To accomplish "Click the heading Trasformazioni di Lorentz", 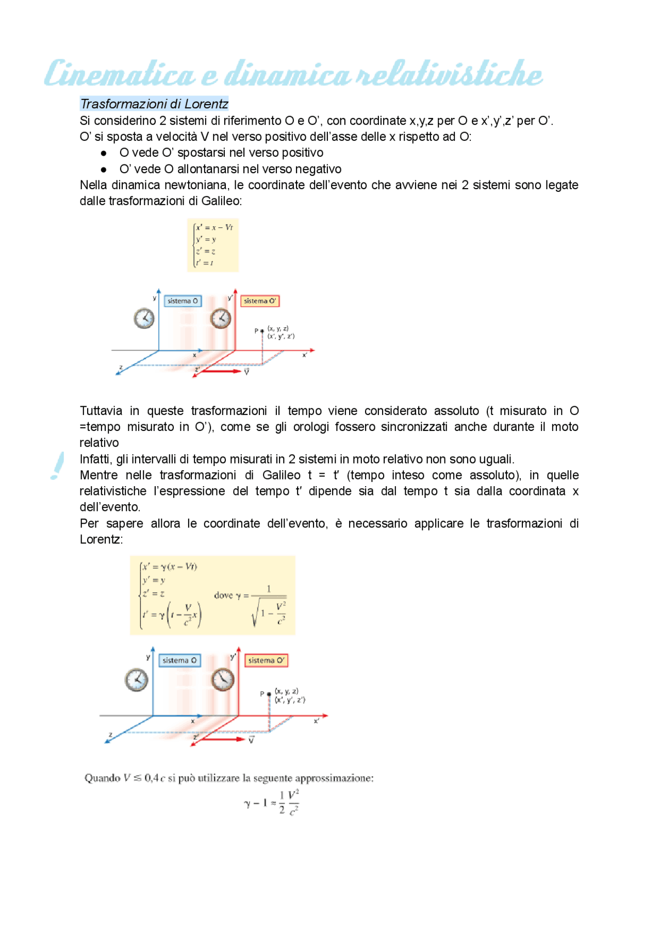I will click(154, 104).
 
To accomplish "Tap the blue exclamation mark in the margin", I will click(58, 465).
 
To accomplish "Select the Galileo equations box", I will click(213, 245).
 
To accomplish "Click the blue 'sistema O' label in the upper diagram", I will click(183, 301).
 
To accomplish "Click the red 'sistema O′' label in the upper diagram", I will click(260, 301).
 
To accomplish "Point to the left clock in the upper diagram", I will click(144, 318).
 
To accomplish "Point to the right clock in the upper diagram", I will click(221, 318).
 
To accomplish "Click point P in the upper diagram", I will click(262, 331).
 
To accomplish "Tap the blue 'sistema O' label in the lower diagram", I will click(179, 660).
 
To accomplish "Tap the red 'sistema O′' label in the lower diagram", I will click(266, 660).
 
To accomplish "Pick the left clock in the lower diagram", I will click(137, 679).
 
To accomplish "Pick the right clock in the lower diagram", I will click(223, 679).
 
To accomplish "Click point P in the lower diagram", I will click(269, 694).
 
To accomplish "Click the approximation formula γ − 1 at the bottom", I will click(272, 803).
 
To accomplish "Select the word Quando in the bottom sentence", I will click(102, 778).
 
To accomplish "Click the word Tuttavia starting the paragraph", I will click(101, 411).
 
